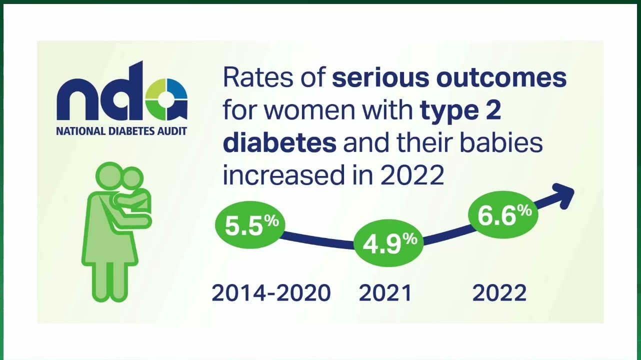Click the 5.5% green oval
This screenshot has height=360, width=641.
250,224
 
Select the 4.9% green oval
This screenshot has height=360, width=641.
388,243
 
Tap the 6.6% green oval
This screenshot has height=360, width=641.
503,214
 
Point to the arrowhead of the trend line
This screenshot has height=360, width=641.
562,196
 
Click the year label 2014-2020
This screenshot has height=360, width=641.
271,293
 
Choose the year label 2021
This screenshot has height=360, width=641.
385,293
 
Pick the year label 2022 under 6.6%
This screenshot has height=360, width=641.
499,293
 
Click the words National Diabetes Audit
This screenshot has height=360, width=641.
121,131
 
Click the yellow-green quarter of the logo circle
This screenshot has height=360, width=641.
156,88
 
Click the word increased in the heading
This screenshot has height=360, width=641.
283,175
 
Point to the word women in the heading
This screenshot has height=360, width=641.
309,111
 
